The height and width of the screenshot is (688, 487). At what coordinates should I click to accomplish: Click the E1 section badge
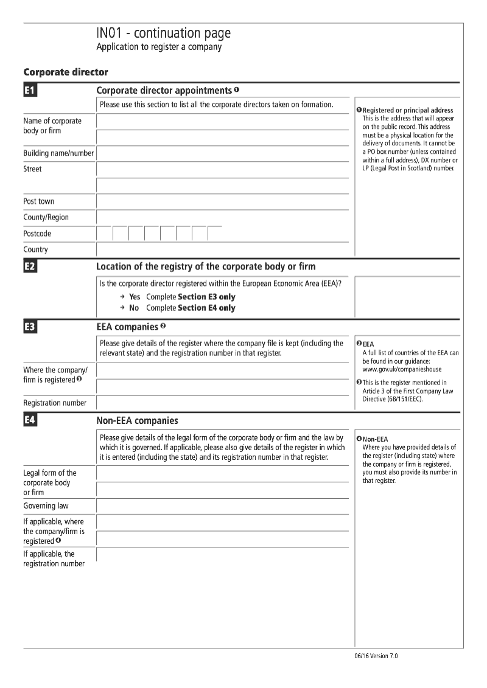point(30,91)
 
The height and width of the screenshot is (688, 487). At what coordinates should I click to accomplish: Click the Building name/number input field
point(222,153)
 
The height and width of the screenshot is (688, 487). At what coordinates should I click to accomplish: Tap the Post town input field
point(222,201)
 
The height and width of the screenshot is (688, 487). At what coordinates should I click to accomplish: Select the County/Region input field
point(222,217)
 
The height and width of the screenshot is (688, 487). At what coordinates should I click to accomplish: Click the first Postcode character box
point(104,234)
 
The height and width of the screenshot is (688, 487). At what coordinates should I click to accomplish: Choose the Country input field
point(222,249)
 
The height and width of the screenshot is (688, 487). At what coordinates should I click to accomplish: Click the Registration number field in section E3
point(222,403)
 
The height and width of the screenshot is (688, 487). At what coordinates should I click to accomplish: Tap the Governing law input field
point(222,506)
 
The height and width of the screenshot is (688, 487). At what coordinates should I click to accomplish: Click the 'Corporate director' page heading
point(66,72)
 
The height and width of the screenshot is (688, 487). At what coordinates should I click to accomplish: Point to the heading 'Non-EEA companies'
point(138,420)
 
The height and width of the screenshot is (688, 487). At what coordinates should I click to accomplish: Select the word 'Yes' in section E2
point(135,297)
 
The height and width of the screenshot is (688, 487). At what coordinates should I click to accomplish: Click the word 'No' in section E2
point(134,308)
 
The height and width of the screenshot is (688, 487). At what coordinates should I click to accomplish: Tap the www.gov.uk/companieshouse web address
point(402,369)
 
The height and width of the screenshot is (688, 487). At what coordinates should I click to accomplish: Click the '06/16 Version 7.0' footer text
point(376,656)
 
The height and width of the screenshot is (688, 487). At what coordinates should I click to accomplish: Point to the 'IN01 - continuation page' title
point(163,33)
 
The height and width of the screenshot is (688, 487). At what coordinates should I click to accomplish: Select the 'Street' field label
point(32,169)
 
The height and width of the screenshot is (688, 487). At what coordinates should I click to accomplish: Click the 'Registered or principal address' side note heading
point(407,110)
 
